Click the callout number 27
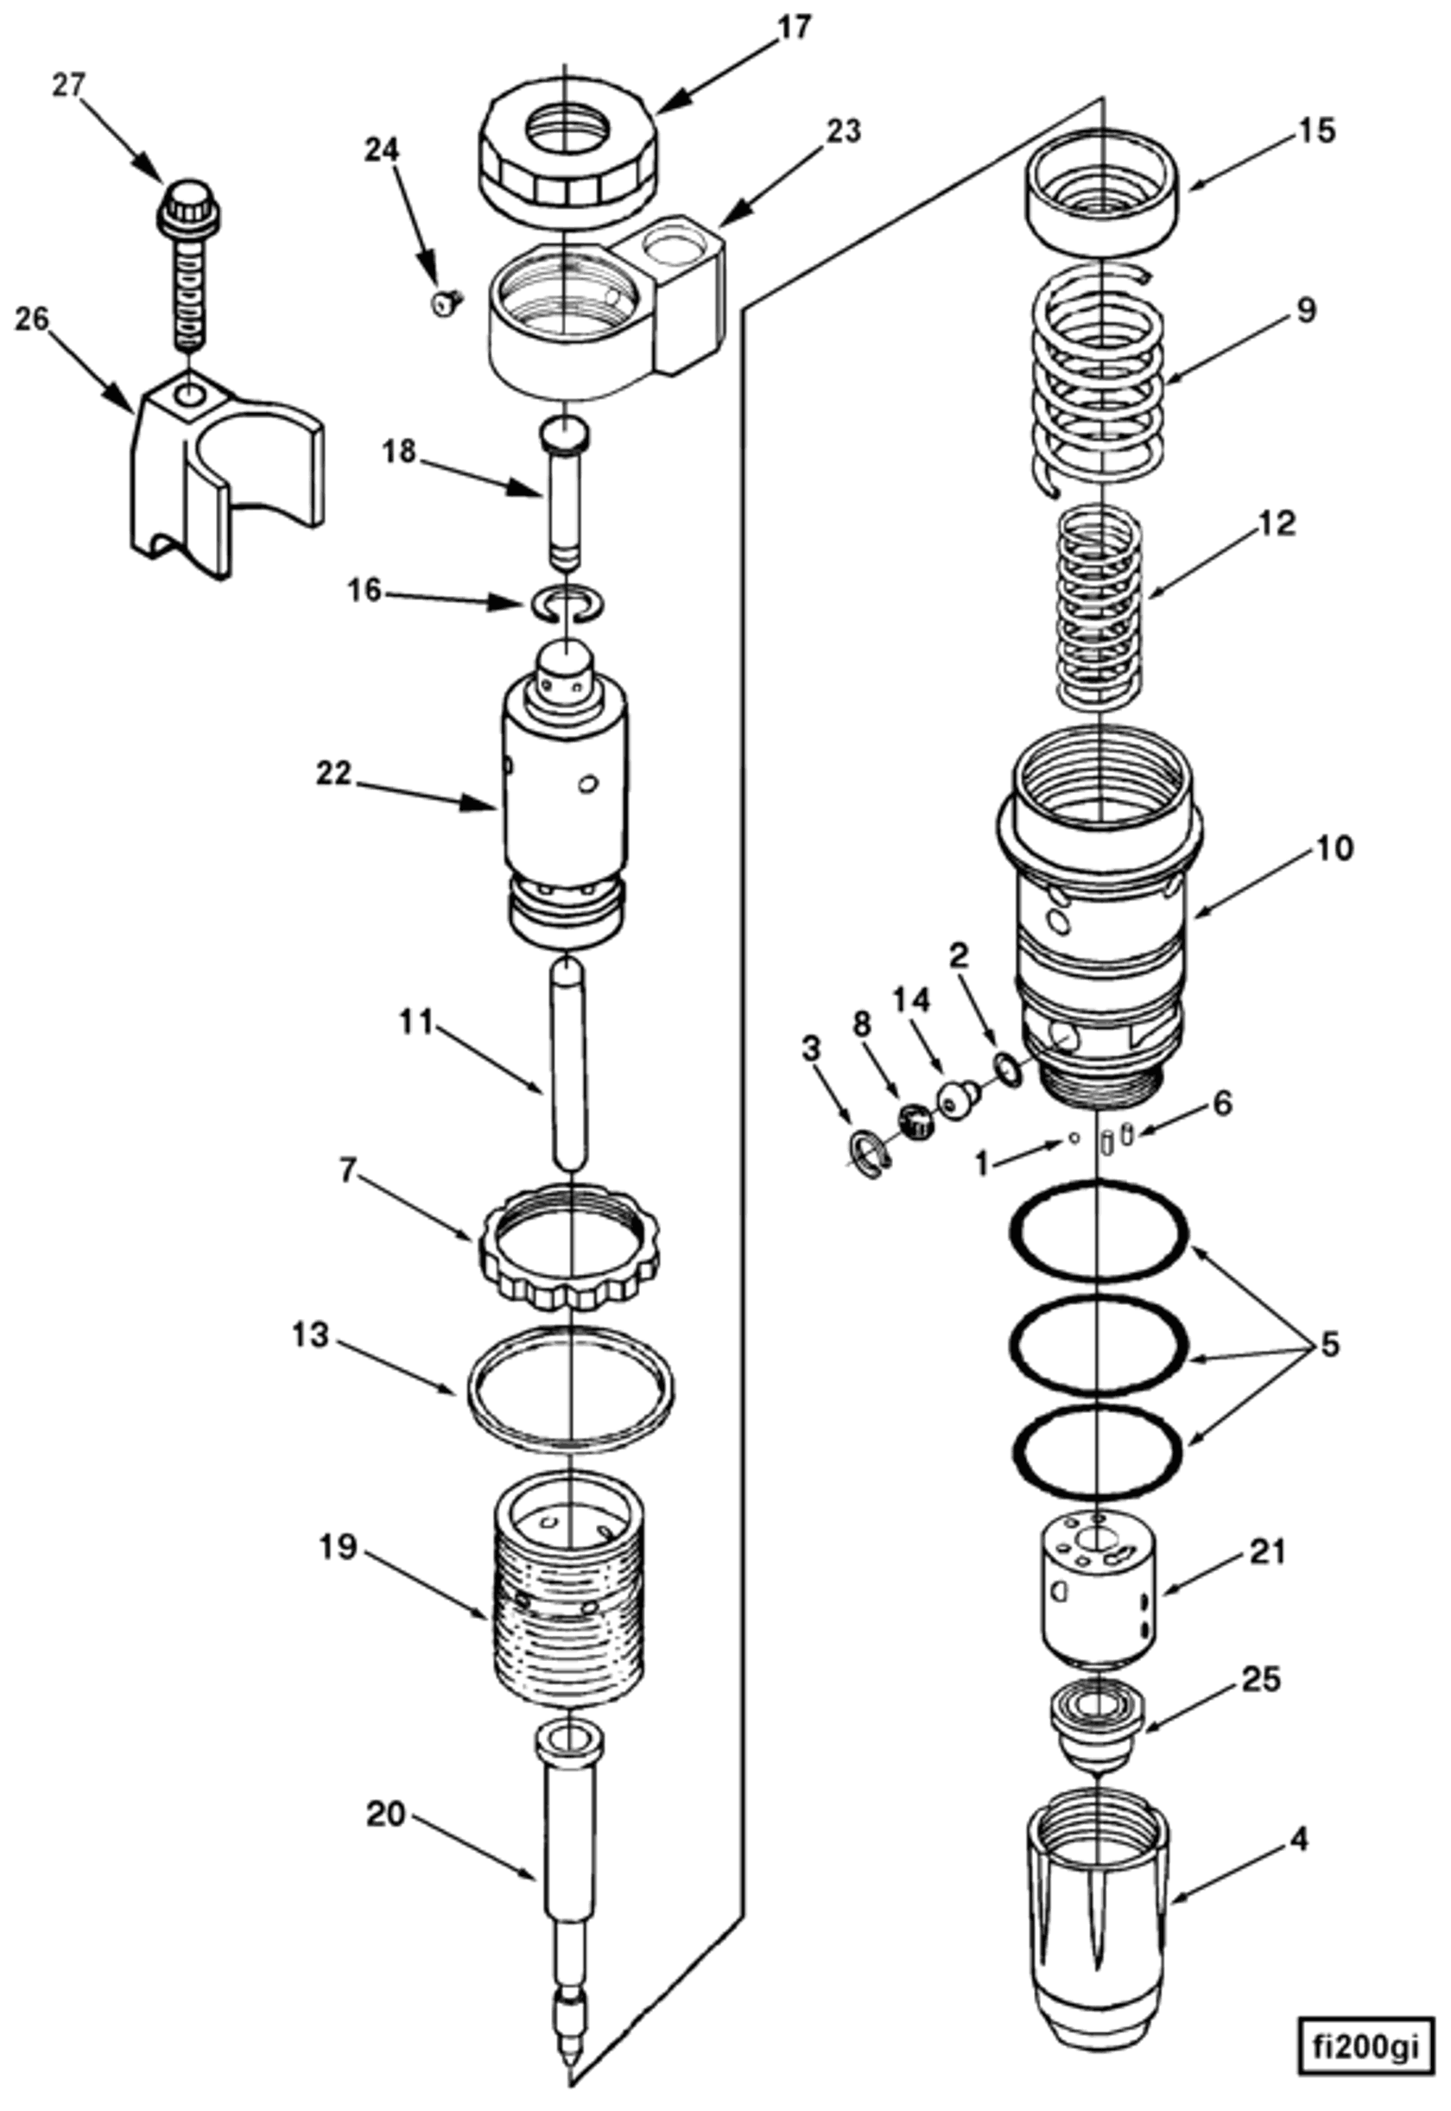[x=68, y=86]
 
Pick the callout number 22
[x=333, y=774]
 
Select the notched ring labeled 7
[x=568, y=1246]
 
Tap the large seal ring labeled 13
[x=570, y=1389]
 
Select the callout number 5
[x=1330, y=1345]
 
